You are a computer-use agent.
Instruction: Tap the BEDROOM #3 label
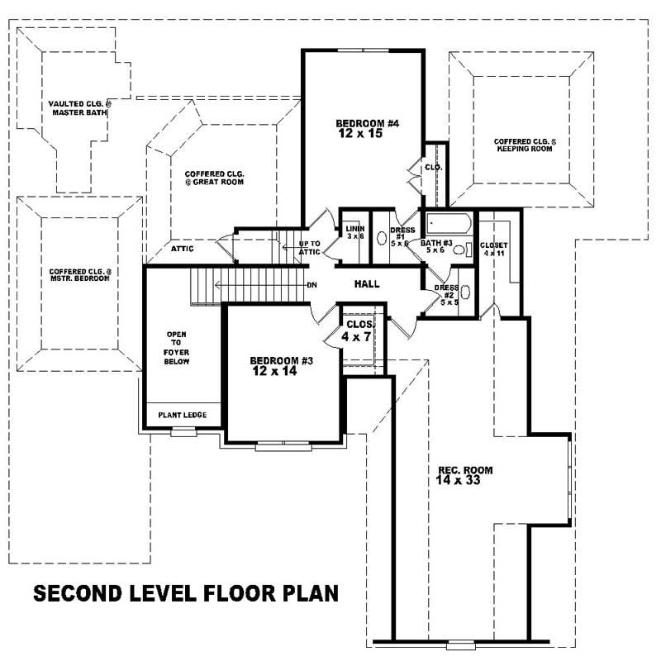point(282,366)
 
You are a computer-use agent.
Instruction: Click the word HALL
point(367,284)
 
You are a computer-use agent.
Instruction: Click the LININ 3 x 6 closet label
point(355,232)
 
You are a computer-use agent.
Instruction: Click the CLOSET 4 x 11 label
point(493,249)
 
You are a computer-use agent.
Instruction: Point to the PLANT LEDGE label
point(183,415)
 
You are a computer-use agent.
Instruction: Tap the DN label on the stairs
point(311,285)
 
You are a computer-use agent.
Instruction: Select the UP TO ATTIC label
point(310,248)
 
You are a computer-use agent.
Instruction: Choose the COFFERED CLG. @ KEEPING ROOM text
point(525,145)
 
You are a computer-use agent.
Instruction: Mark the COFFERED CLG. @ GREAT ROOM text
point(214,178)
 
